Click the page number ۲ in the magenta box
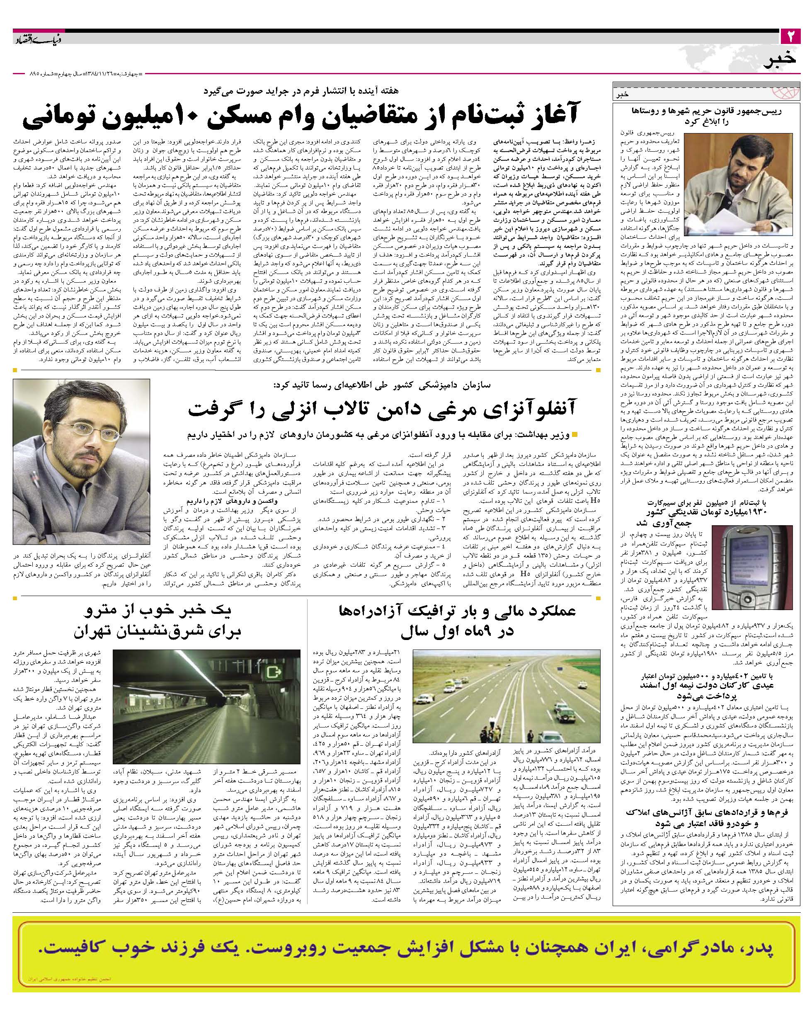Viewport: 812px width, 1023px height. [x=790, y=36]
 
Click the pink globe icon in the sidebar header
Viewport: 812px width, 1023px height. [x=786, y=91]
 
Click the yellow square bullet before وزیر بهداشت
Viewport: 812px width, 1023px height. [x=575, y=435]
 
